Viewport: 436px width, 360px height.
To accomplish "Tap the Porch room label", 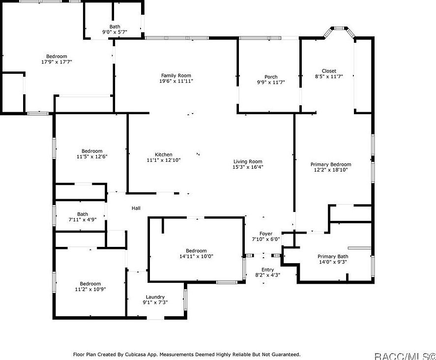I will (271, 77).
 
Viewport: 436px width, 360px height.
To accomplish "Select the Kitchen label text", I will (164, 154).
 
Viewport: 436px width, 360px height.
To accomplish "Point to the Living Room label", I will (247, 161).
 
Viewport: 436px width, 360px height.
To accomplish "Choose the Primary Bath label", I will (333, 256).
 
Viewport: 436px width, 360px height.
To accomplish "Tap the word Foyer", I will (265, 234).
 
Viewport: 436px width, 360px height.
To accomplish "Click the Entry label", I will (267, 270).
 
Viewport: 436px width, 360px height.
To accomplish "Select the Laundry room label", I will (155, 297).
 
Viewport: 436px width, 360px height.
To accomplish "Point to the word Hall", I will (136, 209).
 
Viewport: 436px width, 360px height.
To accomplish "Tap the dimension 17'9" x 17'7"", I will (57, 62).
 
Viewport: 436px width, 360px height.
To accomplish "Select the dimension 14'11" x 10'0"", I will (196, 256).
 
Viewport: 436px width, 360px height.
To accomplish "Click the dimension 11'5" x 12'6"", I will (92, 156).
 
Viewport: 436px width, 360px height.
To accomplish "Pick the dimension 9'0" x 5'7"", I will (115, 32).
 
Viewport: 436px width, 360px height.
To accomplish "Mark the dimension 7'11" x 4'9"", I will (82, 219).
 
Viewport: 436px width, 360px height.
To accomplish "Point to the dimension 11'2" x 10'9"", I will (90, 289).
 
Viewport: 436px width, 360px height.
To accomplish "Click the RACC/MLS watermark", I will (404, 355).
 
